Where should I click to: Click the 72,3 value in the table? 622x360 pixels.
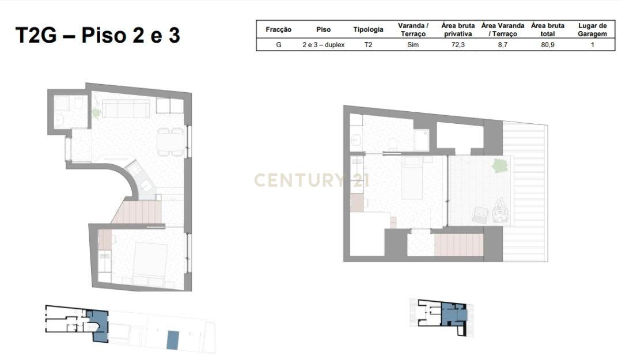[x=458, y=45]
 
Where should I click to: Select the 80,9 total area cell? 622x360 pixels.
[x=548, y=45]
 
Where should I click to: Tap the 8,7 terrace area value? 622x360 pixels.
[x=503, y=45]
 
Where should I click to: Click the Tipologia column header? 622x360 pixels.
[x=368, y=29]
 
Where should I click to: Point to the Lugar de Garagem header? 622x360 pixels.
[x=592, y=30]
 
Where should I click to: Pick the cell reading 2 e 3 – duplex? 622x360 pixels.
[x=323, y=45]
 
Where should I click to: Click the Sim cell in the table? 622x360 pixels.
[x=413, y=45]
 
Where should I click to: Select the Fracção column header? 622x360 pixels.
[x=279, y=29]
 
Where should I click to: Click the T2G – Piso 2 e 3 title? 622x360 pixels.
[x=97, y=35]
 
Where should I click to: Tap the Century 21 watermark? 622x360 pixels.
[x=312, y=180]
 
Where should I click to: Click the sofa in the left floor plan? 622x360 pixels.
[x=126, y=108]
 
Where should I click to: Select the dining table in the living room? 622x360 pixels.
[x=170, y=141]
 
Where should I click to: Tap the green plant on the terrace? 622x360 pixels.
[x=500, y=165]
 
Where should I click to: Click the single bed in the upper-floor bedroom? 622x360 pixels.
[x=412, y=177]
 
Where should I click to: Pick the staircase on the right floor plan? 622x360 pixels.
[x=459, y=245]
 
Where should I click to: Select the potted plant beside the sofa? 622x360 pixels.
[x=96, y=113]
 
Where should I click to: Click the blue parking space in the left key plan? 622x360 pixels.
[x=173, y=340]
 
